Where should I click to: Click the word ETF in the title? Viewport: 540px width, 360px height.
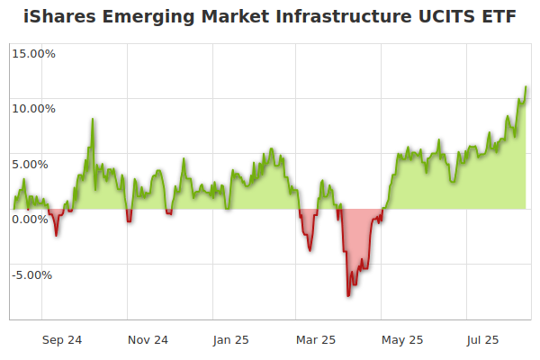pyautogui.click(x=499, y=17)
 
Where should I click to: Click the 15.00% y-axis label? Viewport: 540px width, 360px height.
pyautogui.click(x=33, y=53)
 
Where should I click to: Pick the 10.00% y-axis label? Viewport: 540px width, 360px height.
pyautogui.click(x=33, y=109)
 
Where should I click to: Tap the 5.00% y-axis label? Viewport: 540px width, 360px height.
pyautogui.click(x=36, y=164)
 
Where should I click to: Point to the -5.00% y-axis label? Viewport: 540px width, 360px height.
pyautogui.click(x=34, y=274)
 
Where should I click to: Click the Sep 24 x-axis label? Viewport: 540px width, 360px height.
pyautogui.click(x=62, y=340)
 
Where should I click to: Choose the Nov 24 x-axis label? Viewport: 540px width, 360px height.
pyautogui.click(x=148, y=340)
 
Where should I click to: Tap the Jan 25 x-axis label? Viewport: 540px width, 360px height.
pyautogui.click(x=231, y=340)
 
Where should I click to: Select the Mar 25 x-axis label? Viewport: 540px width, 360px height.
pyautogui.click(x=316, y=340)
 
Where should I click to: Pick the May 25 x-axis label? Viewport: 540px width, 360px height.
pyautogui.click(x=402, y=340)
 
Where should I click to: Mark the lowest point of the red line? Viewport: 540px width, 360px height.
pyautogui.click(x=348, y=295)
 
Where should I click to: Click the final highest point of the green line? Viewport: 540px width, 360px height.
pyautogui.click(x=526, y=87)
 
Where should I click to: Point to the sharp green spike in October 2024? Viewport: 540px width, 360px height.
pyautogui.click(x=92, y=120)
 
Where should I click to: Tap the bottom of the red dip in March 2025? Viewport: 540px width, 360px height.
pyautogui.click(x=310, y=249)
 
